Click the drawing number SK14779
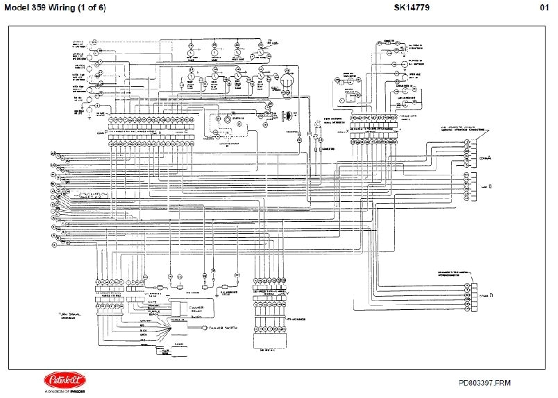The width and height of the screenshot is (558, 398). coord(400,7)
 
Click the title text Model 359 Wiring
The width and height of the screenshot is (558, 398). coord(34,7)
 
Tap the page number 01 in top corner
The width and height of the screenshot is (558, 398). coord(546,7)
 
